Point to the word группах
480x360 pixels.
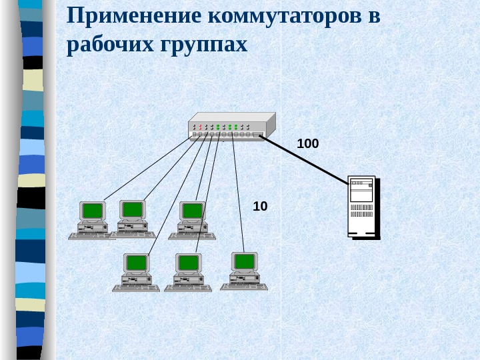[x=203, y=45]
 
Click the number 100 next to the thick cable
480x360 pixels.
[x=307, y=143]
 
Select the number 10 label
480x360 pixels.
[x=260, y=207]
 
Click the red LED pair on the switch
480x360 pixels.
[x=200, y=127]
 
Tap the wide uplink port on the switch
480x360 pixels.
[x=258, y=134]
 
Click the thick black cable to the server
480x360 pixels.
[x=307, y=159]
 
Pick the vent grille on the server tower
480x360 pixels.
[x=361, y=211]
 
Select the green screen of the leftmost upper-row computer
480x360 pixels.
[x=93, y=211]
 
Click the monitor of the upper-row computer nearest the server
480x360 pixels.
[x=192, y=211]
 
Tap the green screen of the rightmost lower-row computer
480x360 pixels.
[x=244, y=261]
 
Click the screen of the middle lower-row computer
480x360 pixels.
[x=188, y=262]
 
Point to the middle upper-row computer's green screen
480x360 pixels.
[x=133, y=209]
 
